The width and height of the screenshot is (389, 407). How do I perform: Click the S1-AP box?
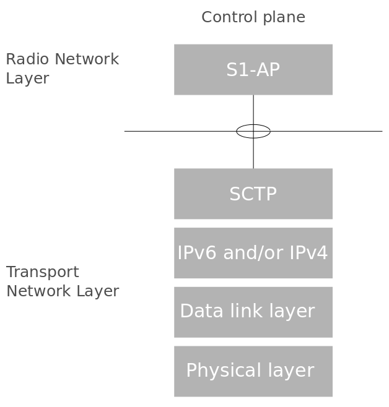(x=253, y=69)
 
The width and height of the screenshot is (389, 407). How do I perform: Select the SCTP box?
(x=253, y=194)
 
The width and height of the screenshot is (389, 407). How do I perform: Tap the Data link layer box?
(x=253, y=312)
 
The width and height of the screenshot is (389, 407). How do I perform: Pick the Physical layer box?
(x=253, y=371)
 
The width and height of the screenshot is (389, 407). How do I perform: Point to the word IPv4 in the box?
(x=310, y=253)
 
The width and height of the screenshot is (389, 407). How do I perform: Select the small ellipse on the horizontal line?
(x=253, y=131)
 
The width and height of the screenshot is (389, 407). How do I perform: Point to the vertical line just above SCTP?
(x=253, y=155)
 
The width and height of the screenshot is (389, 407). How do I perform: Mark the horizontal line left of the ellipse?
(x=180, y=131)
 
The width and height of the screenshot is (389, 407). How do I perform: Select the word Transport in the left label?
(x=42, y=273)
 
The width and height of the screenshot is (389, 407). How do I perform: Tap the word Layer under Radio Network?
(x=27, y=79)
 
